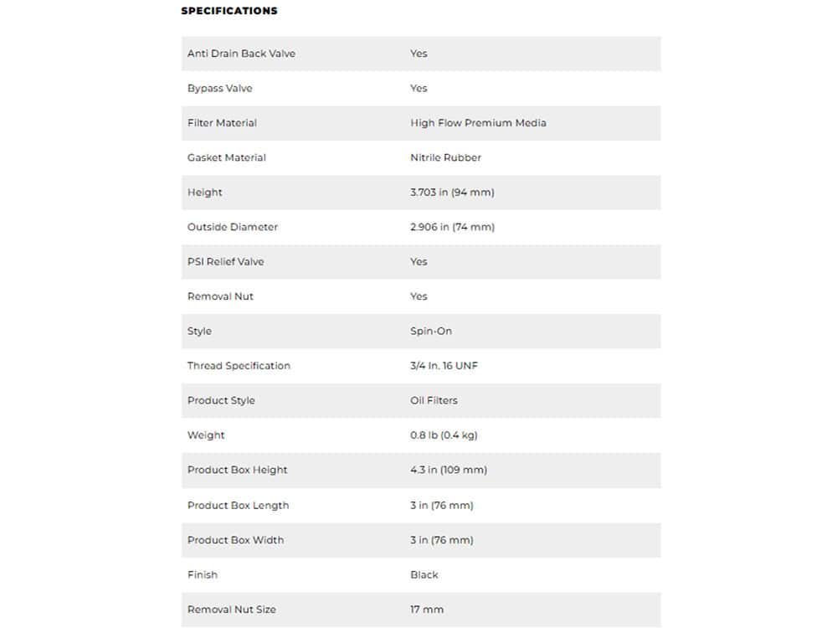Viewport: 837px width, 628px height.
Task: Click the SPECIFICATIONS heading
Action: click(229, 11)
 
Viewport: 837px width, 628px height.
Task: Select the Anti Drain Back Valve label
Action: click(241, 54)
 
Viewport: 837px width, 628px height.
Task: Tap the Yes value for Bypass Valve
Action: click(418, 88)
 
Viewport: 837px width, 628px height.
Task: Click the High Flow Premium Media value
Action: click(478, 123)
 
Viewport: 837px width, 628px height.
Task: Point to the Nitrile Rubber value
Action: click(445, 157)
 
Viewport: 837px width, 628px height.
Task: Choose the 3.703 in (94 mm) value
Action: click(452, 193)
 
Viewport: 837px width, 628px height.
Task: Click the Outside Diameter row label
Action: click(233, 227)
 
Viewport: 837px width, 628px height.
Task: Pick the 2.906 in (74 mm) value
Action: click(452, 227)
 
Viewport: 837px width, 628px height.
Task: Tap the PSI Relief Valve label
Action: click(225, 262)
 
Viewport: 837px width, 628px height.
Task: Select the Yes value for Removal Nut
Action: click(418, 296)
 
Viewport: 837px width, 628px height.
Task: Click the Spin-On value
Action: click(431, 332)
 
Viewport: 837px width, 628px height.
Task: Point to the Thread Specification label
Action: click(239, 366)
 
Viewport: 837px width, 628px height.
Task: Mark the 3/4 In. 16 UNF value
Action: click(444, 366)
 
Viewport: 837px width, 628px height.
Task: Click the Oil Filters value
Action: click(434, 400)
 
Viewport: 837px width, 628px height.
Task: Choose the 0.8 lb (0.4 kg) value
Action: click(444, 435)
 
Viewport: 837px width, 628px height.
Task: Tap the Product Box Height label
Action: click(237, 470)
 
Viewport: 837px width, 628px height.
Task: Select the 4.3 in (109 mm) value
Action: click(449, 470)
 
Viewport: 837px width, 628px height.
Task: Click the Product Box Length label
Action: click(238, 506)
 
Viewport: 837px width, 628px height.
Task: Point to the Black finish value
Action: click(424, 575)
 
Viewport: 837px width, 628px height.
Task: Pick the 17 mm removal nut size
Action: click(427, 610)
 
